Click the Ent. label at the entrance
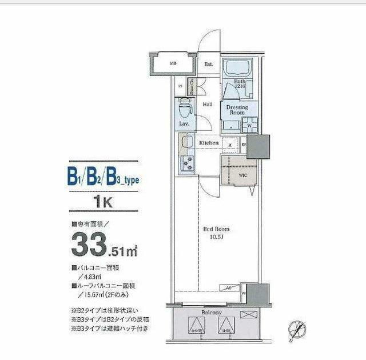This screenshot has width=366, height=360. click(209, 65)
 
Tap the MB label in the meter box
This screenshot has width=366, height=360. click(172, 65)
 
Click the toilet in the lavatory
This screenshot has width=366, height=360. click(185, 107)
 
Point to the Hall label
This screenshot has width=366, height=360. click(208, 104)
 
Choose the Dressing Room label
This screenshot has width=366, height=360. click(237, 110)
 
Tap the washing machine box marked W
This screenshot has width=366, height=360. click(249, 126)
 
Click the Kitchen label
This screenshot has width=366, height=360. click(209, 142)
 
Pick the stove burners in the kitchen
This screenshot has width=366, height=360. click(187, 162)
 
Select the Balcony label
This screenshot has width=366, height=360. click(212, 313)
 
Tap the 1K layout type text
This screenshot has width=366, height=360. click(103, 201)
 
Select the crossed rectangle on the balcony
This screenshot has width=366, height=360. click(249, 314)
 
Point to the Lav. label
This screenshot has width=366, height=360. click(184, 123)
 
